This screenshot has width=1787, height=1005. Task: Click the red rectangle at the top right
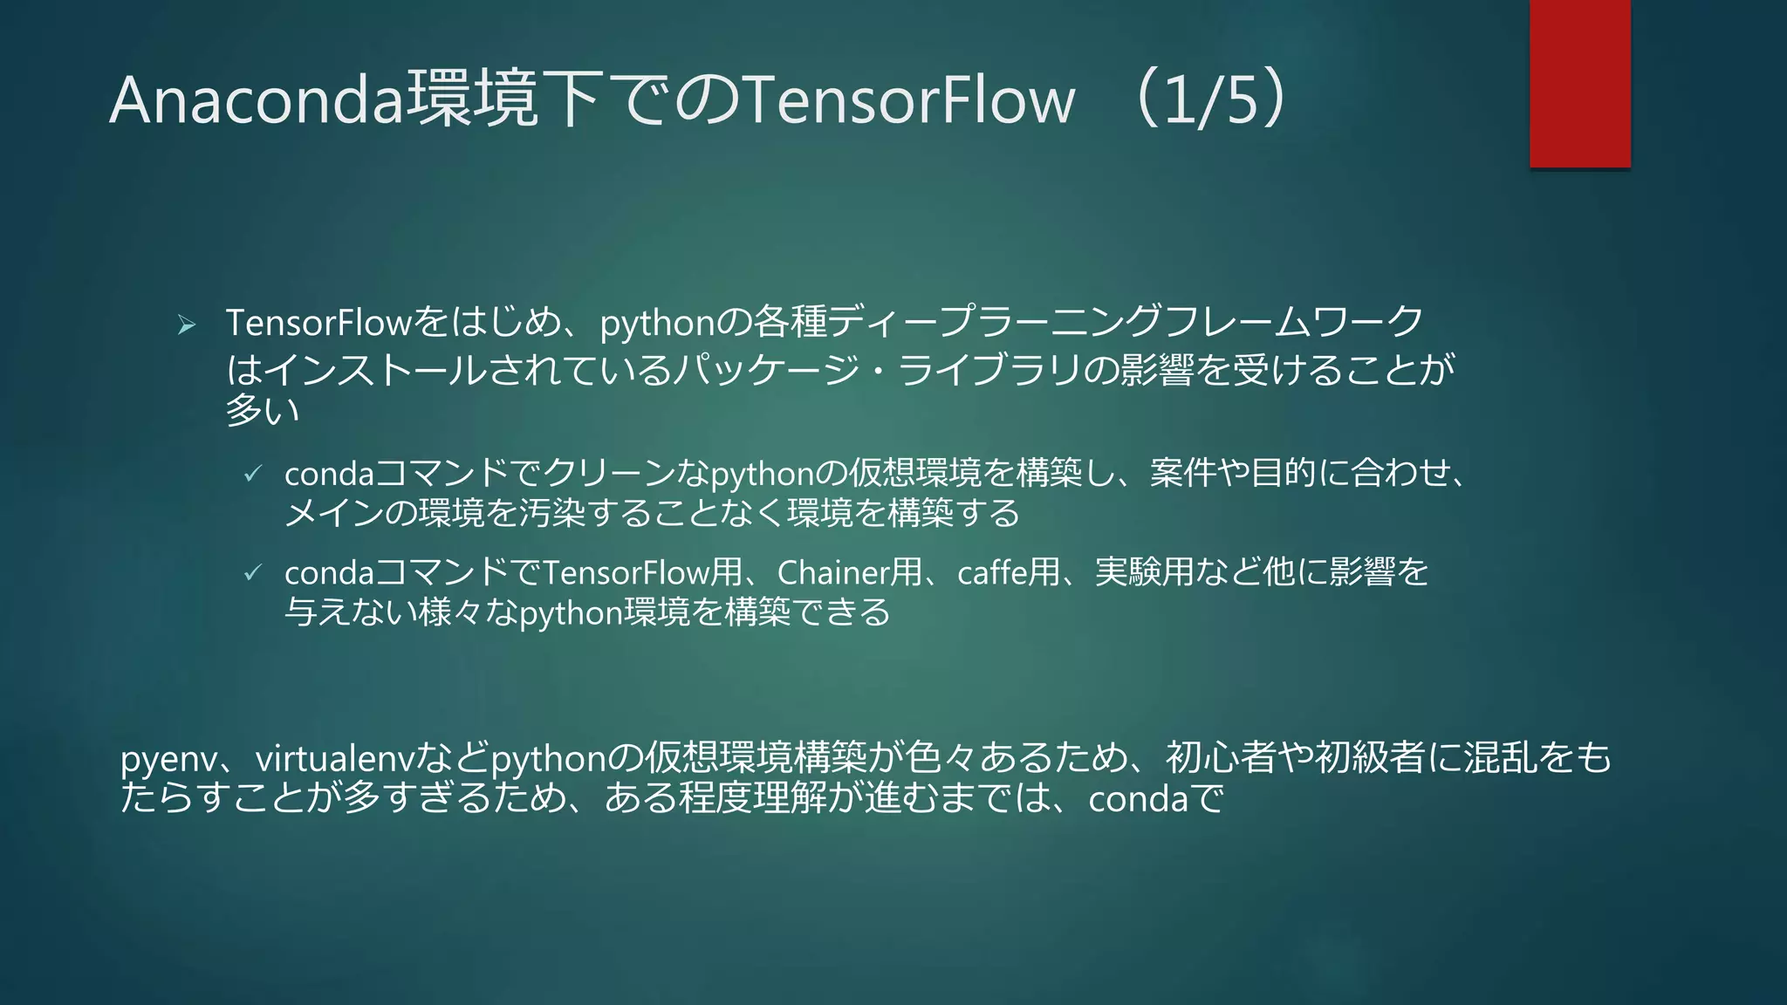1579,84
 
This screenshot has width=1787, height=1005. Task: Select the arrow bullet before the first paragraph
186,325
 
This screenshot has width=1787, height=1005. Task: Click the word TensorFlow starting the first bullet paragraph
318,324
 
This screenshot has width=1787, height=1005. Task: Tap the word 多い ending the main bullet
262,410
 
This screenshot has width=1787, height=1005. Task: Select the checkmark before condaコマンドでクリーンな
252,474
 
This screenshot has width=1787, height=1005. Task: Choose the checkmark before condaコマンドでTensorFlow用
252,572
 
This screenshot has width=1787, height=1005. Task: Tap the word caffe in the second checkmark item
991,573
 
